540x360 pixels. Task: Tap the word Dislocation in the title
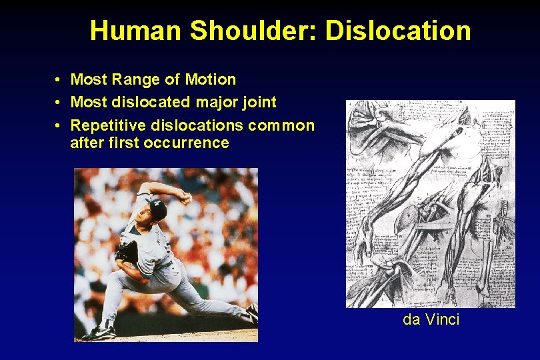coord(398,30)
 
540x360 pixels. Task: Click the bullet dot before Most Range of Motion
coord(59,80)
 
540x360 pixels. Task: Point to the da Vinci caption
coord(431,319)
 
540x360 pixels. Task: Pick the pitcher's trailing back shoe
coord(252,312)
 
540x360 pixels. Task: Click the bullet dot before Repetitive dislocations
coord(59,125)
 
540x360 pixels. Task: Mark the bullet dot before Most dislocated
coord(59,103)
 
